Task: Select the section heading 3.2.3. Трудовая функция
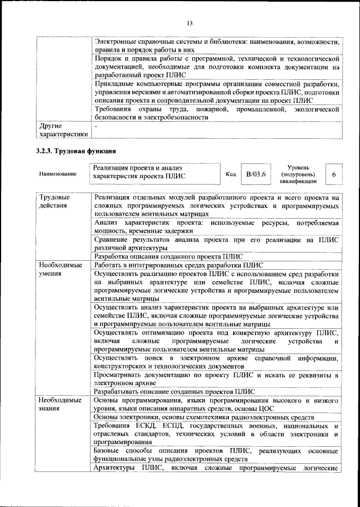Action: (x=76, y=151)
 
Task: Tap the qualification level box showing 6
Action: (x=334, y=175)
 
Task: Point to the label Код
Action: (x=230, y=175)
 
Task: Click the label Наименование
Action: (x=58, y=175)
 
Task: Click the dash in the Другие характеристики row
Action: (x=96, y=128)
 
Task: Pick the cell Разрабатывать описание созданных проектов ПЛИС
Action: (x=174, y=391)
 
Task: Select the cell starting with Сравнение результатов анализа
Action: (x=216, y=243)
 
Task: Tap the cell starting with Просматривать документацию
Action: (x=216, y=378)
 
